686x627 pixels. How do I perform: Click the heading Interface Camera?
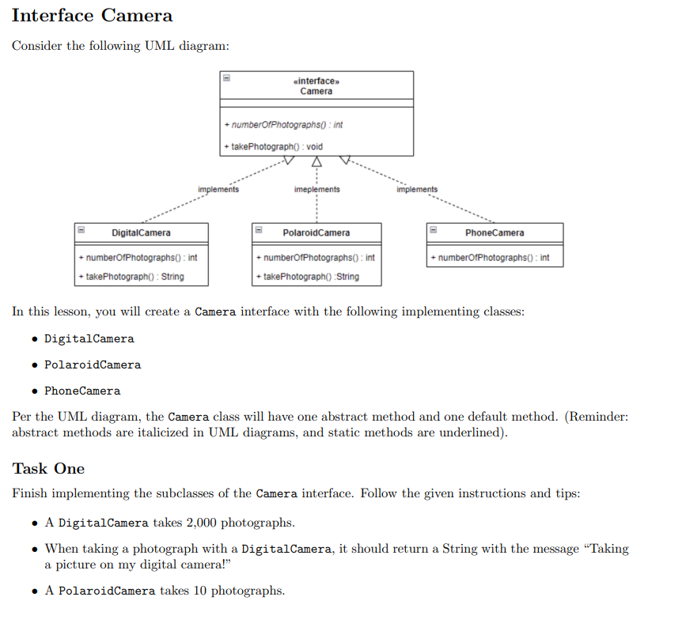click(92, 15)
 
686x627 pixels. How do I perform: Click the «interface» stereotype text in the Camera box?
click(316, 81)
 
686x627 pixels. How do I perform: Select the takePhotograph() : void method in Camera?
click(274, 146)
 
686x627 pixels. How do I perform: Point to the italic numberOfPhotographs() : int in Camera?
click(283, 125)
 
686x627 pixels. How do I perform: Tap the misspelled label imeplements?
click(316, 190)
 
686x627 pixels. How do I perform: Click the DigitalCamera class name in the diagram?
click(141, 232)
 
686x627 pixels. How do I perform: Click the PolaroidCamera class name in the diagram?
click(316, 232)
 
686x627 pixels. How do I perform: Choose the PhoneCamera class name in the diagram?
click(495, 232)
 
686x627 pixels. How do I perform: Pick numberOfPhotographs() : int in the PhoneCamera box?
click(490, 258)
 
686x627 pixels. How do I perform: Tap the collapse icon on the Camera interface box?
click(226, 78)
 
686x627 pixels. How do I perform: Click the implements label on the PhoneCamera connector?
click(417, 190)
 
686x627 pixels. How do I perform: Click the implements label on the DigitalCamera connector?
click(218, 190)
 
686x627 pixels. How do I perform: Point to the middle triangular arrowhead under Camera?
click(316, 161)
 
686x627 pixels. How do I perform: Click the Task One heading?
click(48, 468)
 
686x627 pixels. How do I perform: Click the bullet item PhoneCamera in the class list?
click(82, 391)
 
